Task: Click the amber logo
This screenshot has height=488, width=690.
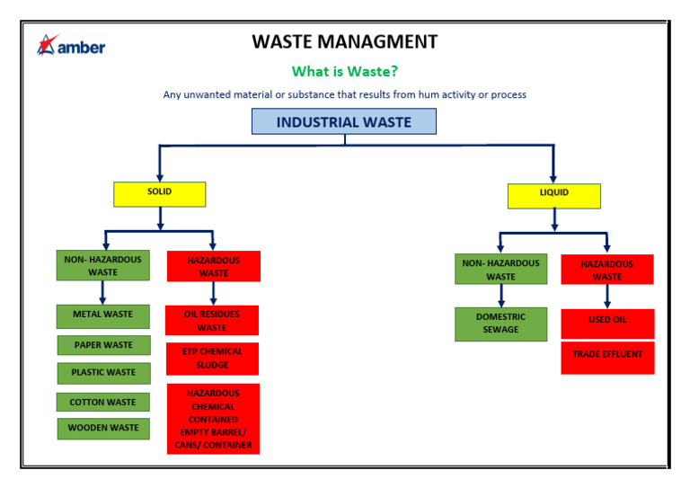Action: click(x=71, y=45)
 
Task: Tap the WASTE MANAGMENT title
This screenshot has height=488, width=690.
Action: click(x=345, y=42)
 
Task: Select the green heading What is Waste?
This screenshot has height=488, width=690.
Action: click(x=345, y=71)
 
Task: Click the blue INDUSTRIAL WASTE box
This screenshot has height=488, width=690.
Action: click(x=344, y=121)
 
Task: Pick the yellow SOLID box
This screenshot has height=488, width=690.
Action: click(x=159, y=194)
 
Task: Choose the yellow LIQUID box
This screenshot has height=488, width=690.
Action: click(x=554, y=196)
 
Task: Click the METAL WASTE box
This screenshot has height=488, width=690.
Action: click(x=103, y=316)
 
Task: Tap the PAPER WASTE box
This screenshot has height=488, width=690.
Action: click(x=104, y=345)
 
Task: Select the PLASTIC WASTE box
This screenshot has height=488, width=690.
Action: click(x=104, y=373)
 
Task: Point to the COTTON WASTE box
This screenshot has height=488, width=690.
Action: click(x=103, y=403)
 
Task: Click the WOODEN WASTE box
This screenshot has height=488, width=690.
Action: click(x=103, y=429)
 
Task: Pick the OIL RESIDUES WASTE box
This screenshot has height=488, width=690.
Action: click(x=212, y=320)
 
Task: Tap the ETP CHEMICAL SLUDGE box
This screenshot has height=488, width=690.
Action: click(x=213, y=359)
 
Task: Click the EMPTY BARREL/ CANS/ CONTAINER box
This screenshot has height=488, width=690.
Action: click(x=214, y=419)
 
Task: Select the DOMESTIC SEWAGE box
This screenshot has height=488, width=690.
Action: click(x=500, y=324)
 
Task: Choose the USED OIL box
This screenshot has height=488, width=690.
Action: click(x=607, y=324)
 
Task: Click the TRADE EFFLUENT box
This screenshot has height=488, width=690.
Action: click(x=607, y=358)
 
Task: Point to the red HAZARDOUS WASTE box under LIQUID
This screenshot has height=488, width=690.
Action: click(x=607, y=270)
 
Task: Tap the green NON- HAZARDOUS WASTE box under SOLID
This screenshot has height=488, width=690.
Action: click(x=103, y=265)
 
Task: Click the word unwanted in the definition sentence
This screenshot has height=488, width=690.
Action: click(x=207, y=94)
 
